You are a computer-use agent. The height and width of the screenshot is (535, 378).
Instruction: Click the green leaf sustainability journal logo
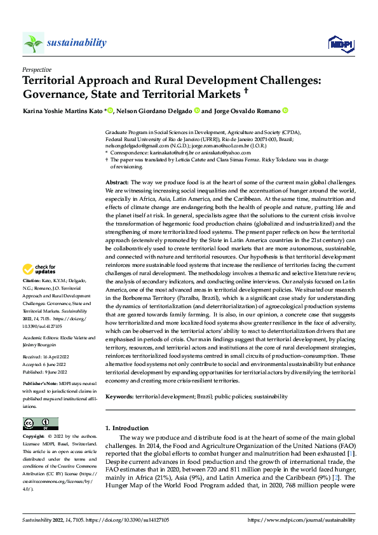(x=33, y=43)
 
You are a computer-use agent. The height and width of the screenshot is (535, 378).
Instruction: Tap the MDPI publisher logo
(x=340, y=43)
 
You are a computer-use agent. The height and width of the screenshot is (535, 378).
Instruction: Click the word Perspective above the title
(x=37, y=69)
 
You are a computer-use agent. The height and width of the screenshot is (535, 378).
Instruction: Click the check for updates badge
(x=39, y=269)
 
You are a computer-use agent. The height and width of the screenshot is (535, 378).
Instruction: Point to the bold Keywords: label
(x=119, y=396)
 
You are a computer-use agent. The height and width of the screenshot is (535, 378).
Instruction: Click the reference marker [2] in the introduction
(x=333, y=478)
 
